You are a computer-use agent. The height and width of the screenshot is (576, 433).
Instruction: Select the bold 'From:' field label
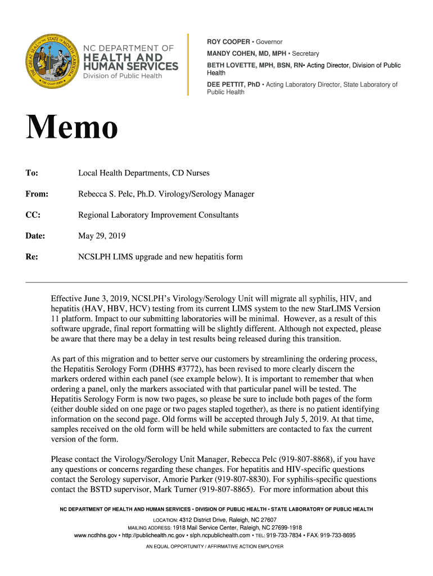[37, 194]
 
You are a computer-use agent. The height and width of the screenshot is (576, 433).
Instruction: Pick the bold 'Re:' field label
[32, 257]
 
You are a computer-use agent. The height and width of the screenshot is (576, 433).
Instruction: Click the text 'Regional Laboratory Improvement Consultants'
[158, 215]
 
